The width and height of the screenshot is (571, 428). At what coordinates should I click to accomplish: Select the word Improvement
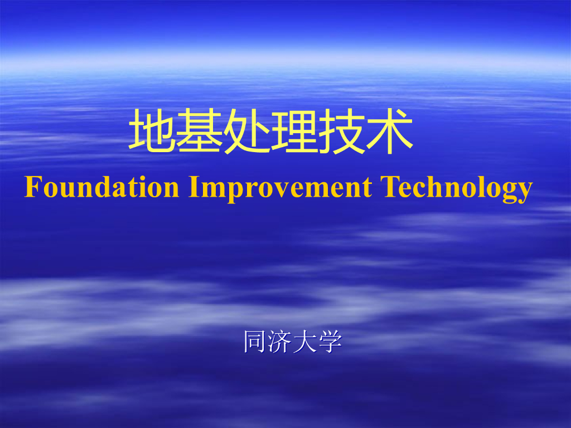click(280, 188)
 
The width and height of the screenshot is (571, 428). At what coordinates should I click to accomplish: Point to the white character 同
click(255, 341)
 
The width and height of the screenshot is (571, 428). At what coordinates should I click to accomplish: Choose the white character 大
click(304, 341)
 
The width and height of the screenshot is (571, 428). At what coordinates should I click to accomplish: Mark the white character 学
click(330, 341)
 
